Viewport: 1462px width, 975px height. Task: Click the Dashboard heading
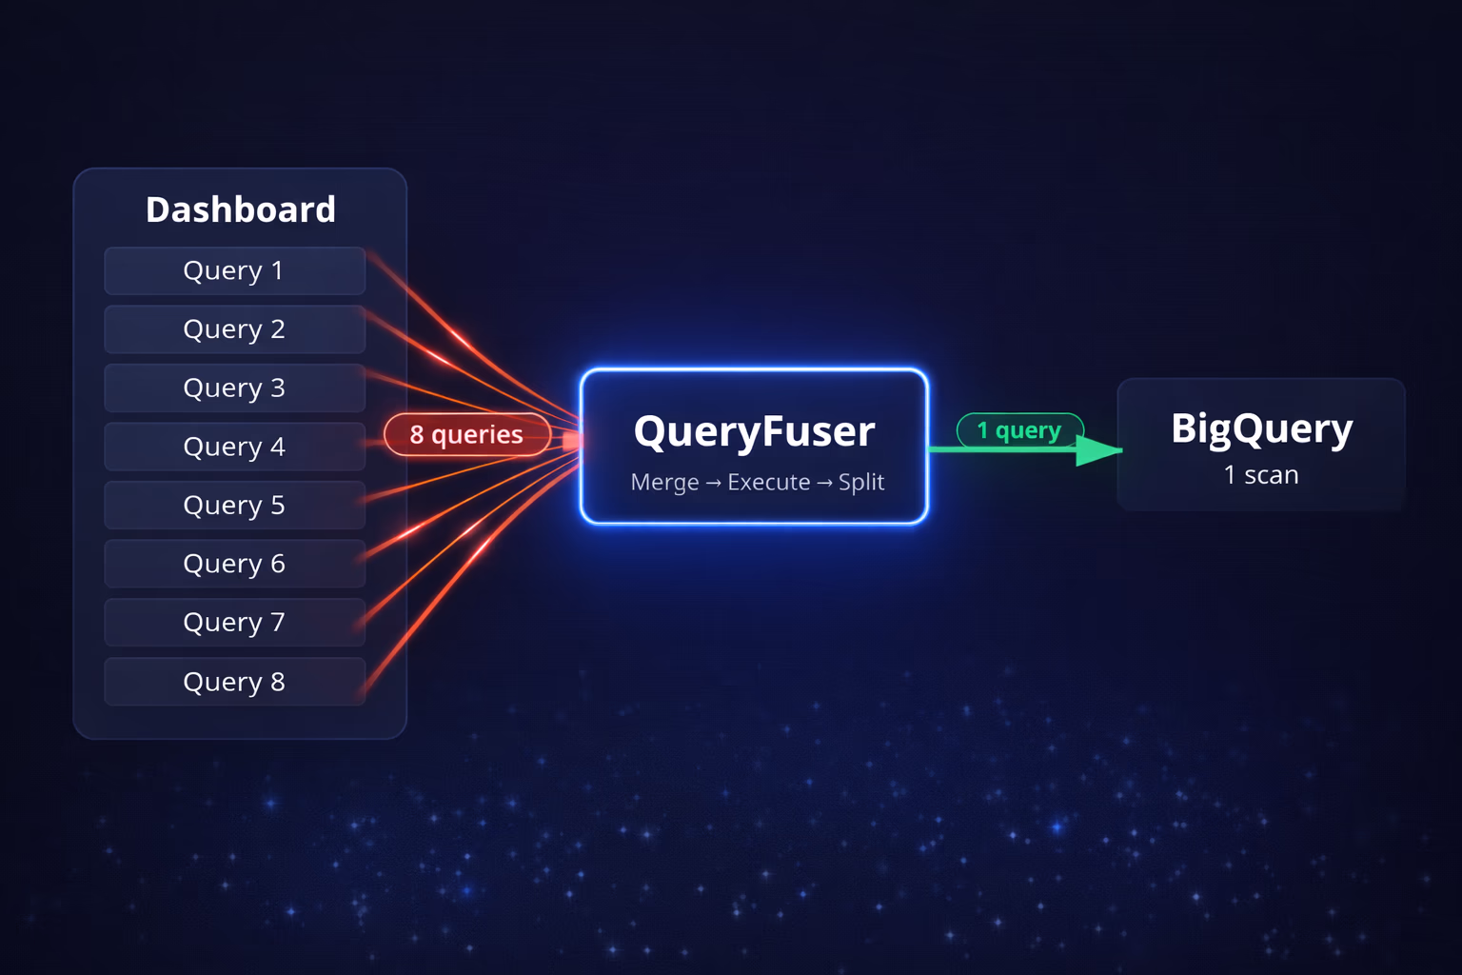click(240, 209)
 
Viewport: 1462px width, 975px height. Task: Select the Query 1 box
click(235, 270)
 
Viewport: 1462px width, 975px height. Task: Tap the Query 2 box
click(235, 329)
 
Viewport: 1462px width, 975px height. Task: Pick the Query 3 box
click(235, 388)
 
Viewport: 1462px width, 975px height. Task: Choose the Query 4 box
click(235, 447)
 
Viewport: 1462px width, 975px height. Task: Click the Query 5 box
click(235, 505)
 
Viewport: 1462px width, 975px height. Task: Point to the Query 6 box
click(235, 564)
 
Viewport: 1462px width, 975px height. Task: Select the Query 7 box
click(235, 623)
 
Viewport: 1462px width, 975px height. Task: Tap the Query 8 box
click(235, 682)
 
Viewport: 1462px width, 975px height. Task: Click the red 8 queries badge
click(467, 434)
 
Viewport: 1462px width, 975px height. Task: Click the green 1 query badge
click(1019, 430)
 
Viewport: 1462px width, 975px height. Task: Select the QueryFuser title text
click(754, 431)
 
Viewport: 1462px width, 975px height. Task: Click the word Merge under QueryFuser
click(664, 483)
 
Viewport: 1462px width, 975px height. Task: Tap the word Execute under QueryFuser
click(769, 482)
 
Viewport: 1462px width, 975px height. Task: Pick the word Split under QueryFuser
click(861, 483)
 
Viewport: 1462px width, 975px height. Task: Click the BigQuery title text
click(1261, 429)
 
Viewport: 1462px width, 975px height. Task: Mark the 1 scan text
click(1261, 475)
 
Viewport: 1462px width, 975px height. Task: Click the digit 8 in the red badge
click(416, 435)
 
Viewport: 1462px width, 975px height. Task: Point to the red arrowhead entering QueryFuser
click(572, 441)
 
